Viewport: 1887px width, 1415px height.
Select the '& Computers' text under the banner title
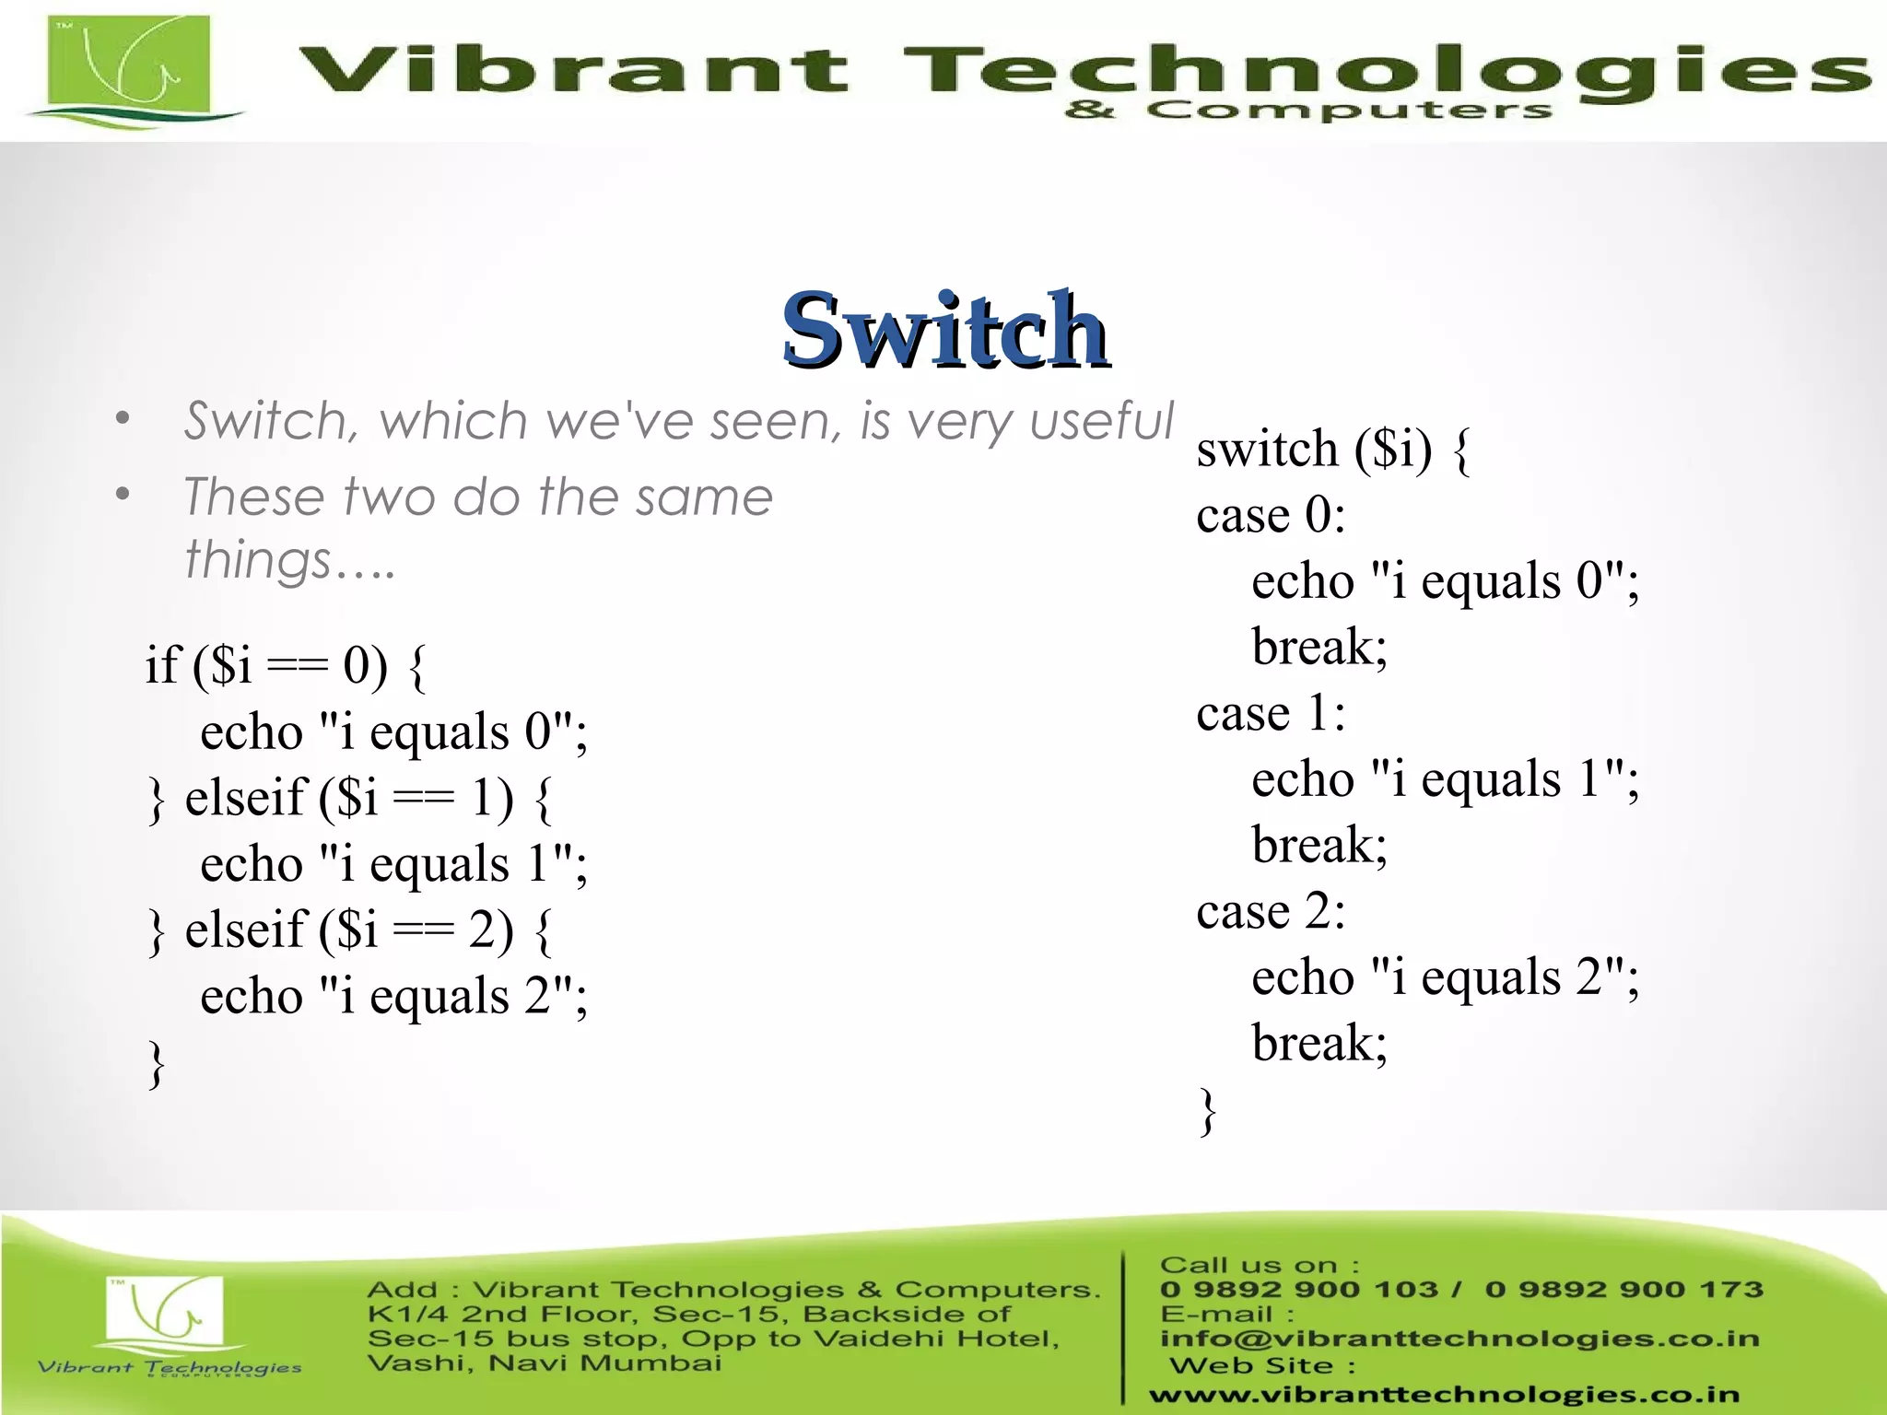(1307, 111)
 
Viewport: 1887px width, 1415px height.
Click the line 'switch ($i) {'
(1332, 450)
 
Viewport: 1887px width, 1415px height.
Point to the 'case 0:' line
(1270, 515)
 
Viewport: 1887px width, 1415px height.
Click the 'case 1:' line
(1270, 714)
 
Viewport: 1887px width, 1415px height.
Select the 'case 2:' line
(1270, 912)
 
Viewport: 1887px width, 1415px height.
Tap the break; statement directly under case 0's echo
(1319, 647)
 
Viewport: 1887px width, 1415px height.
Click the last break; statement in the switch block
(1319, 1044)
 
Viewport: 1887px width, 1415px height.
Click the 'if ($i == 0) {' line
(286, 665)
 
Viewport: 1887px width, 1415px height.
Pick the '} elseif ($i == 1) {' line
(350, 798)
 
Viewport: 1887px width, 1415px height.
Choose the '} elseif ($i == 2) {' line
(350, 930)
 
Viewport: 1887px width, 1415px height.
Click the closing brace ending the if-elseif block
(157, 1064)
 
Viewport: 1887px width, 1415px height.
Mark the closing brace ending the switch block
(1207, 1111)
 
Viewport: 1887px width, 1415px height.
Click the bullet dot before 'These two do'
(123, 495)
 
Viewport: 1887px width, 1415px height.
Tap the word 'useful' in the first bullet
(1101, 421)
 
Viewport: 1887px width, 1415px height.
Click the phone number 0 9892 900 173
(1623, 1289)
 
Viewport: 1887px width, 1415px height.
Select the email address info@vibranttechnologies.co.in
(1459, 1338)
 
